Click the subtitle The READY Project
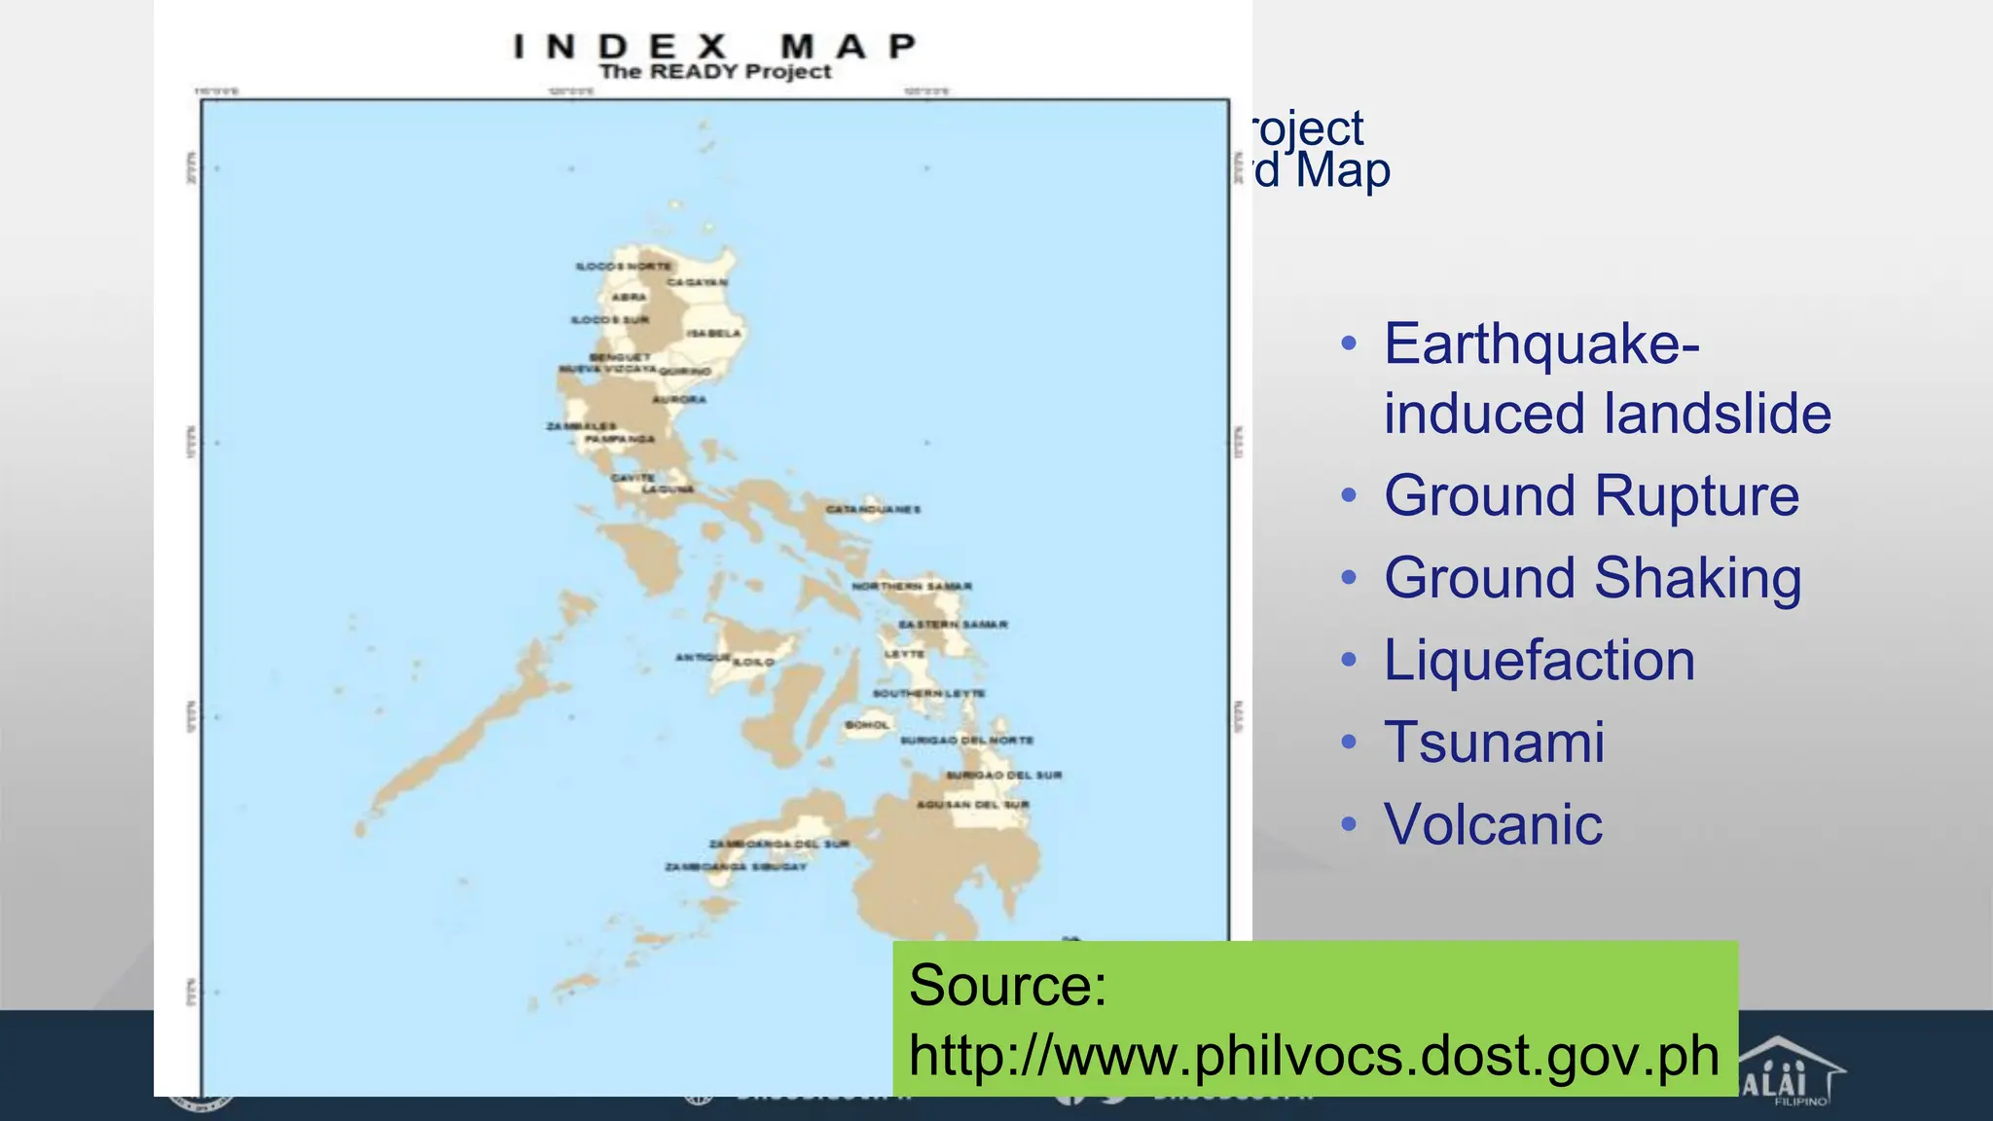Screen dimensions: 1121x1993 [x=715, y=72]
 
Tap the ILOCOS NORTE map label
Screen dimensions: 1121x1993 [x=623, y=266]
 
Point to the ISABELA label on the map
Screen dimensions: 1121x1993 [x=713, y=333]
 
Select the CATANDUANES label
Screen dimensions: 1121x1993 [x=873, y=509]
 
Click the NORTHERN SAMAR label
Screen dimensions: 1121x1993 [x=912, y=586]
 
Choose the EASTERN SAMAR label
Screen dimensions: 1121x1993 [x=953, y=624]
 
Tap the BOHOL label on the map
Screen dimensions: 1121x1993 [x=867, y=725]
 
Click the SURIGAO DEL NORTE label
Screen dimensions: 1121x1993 [x=966, y=741]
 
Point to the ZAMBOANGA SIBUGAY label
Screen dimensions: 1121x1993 [x=736, y=866]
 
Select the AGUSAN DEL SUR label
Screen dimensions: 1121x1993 [x=972, y=805]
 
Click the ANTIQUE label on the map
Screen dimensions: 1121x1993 [x=702, y=658]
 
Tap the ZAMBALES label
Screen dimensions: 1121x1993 [x=580, y=426]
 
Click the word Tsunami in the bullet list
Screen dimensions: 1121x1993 [x=1494, y=742]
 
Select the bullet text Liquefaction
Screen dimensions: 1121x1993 [x=1539, y=661]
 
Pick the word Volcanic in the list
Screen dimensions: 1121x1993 [x=1493, y=825]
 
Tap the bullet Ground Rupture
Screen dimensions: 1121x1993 [x=1591, y=496]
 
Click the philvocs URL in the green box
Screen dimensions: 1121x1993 [x=1314, y=1056]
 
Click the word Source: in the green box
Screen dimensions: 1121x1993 [x=1007, y=985]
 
